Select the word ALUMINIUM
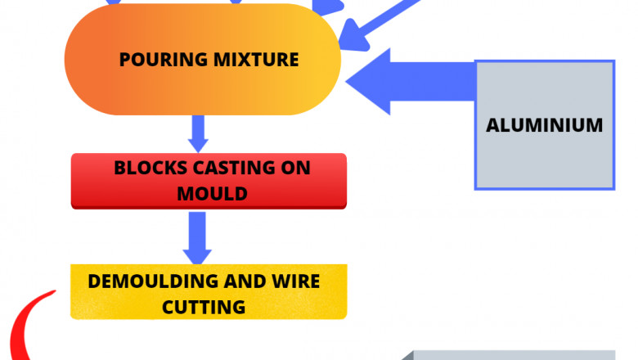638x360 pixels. (x=544, y=126)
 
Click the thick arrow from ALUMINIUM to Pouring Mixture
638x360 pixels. (x=409, y=81)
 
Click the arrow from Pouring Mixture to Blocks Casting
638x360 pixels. (x=197, y=133)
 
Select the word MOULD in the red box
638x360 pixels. (x=209, y=195)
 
